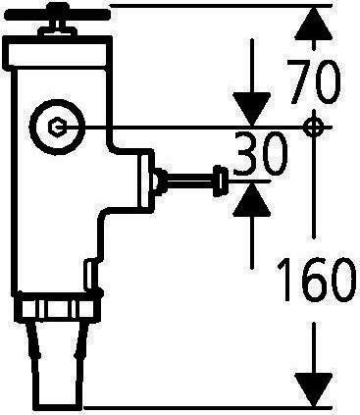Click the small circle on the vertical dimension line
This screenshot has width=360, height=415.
click(313, 127)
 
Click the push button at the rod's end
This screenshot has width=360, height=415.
click(225, 181)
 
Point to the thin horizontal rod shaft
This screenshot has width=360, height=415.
click(192, 181)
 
